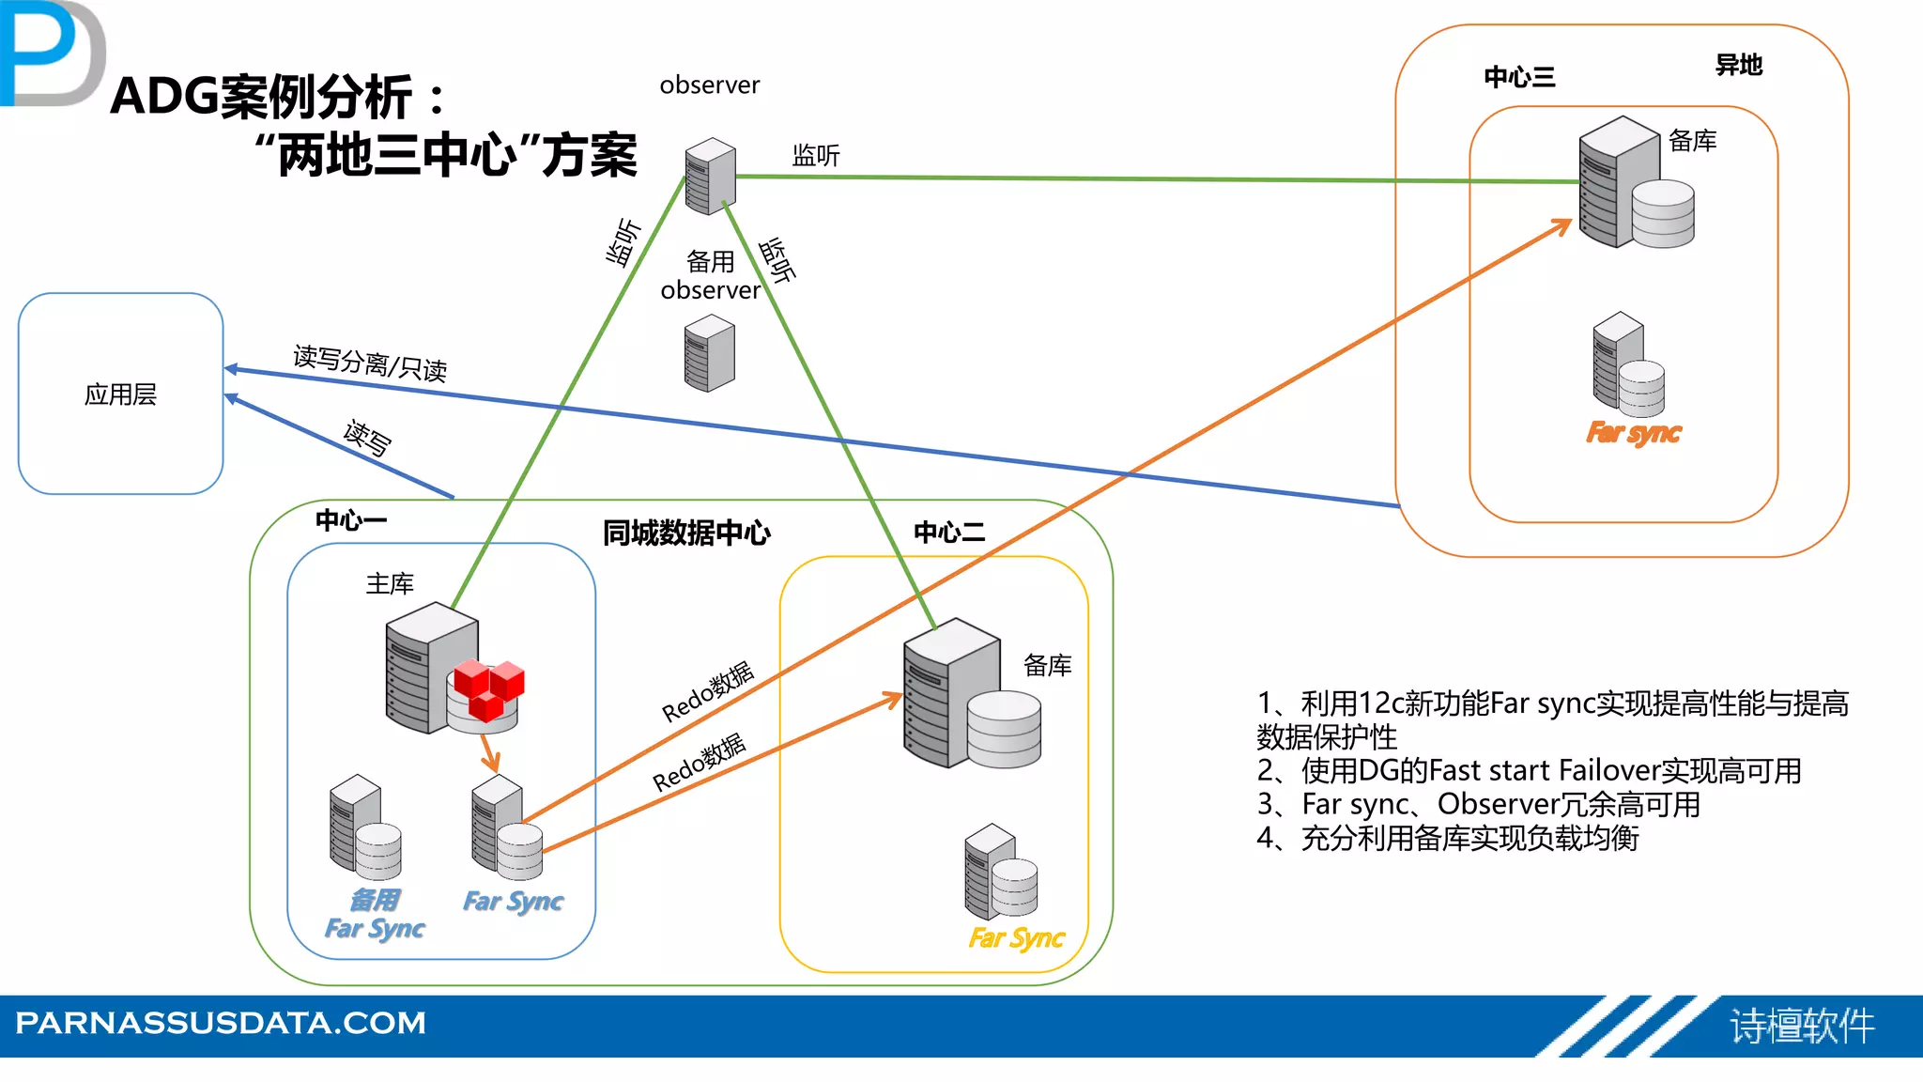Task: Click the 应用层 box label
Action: [x=120, y=394]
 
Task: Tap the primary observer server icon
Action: [x=710, y=176]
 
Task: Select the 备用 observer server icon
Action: [x=710, y=353]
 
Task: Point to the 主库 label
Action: [x=390, y=584]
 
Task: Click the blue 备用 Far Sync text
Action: [x=375, y=914]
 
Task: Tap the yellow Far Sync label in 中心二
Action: [x=1016, y=937]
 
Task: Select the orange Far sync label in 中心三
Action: [x=1633, y=433]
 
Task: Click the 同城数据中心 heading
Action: [x=686, y=533]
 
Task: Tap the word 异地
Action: [x=1738, y=65]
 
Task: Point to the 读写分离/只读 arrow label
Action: [x=370, y=363]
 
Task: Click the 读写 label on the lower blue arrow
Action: [x=367, y=438]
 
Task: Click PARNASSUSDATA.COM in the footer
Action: [x=221, y=1022]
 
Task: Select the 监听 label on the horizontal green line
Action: [x=815, y=155]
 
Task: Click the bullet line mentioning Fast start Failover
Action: [x=1529, y=771]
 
